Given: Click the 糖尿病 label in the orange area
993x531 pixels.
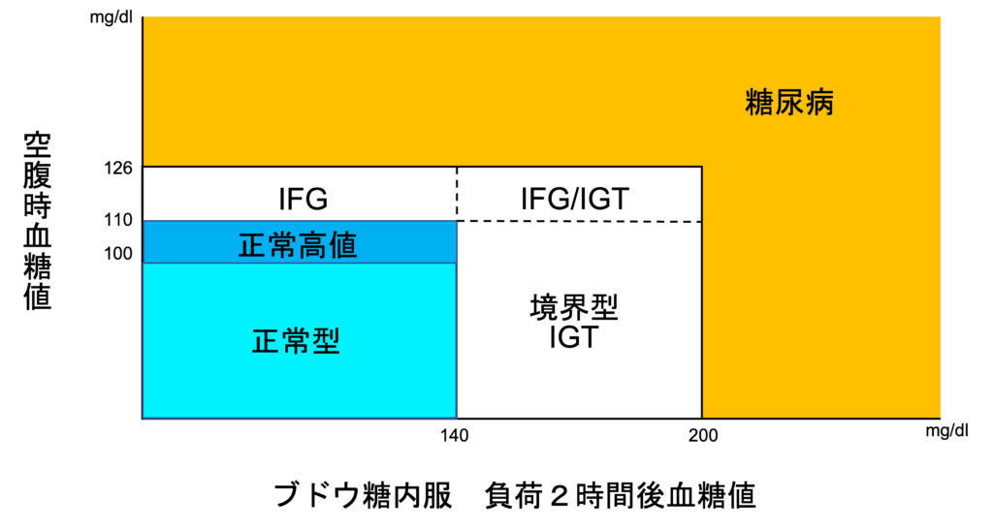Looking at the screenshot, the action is pyautogui.click(x=789, y=103).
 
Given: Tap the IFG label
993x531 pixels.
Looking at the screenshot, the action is pyautogui.click(x=304, y=200).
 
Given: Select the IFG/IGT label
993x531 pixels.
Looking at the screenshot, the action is pyautogui.click(x=574, y=199).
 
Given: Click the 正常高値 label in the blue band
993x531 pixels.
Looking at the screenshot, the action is pyautogui.click(x=298, y=245).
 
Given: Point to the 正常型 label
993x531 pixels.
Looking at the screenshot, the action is pyautogui.click(x=297, y=341).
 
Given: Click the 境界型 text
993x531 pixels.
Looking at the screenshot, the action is pyautogui.click(x=574, y=308).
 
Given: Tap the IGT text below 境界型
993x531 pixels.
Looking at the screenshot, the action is pyautogui.click(x=574, y=337).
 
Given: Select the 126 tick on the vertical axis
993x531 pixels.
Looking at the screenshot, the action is pyautogui.click(x=119, y=169).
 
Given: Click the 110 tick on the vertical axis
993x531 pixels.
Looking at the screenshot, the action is pyautogui.click(x=119, y=220).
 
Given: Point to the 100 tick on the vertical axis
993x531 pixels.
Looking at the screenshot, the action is pyautogui.click(x=119, y=254).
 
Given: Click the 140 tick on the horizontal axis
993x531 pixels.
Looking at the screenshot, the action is pyautogui.click(x=455, y=436).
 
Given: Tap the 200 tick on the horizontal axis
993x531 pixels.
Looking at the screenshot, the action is pyautogui.click(x=704, y=436).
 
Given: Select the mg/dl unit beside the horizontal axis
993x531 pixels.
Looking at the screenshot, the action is pyautogui.click(x=946, y=431).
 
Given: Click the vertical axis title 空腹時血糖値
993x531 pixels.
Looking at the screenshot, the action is pyautogui.click(x=38, y=221).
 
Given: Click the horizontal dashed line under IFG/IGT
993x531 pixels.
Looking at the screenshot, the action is pyautogui.click(x=580, y=222).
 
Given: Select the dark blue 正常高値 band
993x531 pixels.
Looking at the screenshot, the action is pyautogui.click(x=300, y=242).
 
